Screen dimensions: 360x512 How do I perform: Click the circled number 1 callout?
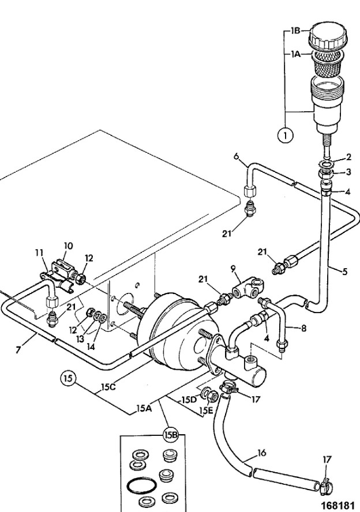click(286, 135)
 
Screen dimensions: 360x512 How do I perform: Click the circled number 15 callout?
click(68, 379)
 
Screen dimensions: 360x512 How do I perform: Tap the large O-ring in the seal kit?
click(141, 486)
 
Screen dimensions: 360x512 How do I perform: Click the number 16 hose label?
click(262, 453)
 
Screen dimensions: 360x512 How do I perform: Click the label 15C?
click(108, 387)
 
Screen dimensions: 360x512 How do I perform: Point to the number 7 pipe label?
click(18, 350)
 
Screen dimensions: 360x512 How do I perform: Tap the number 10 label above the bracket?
click(68, 246)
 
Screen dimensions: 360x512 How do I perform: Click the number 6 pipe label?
click(236, 156)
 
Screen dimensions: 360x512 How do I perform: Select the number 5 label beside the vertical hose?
click(345, 272)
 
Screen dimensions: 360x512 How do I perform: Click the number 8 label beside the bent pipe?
click(304, 328)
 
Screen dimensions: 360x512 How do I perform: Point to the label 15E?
click(206, 411)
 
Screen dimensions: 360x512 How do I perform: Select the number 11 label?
click(39, 253)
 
